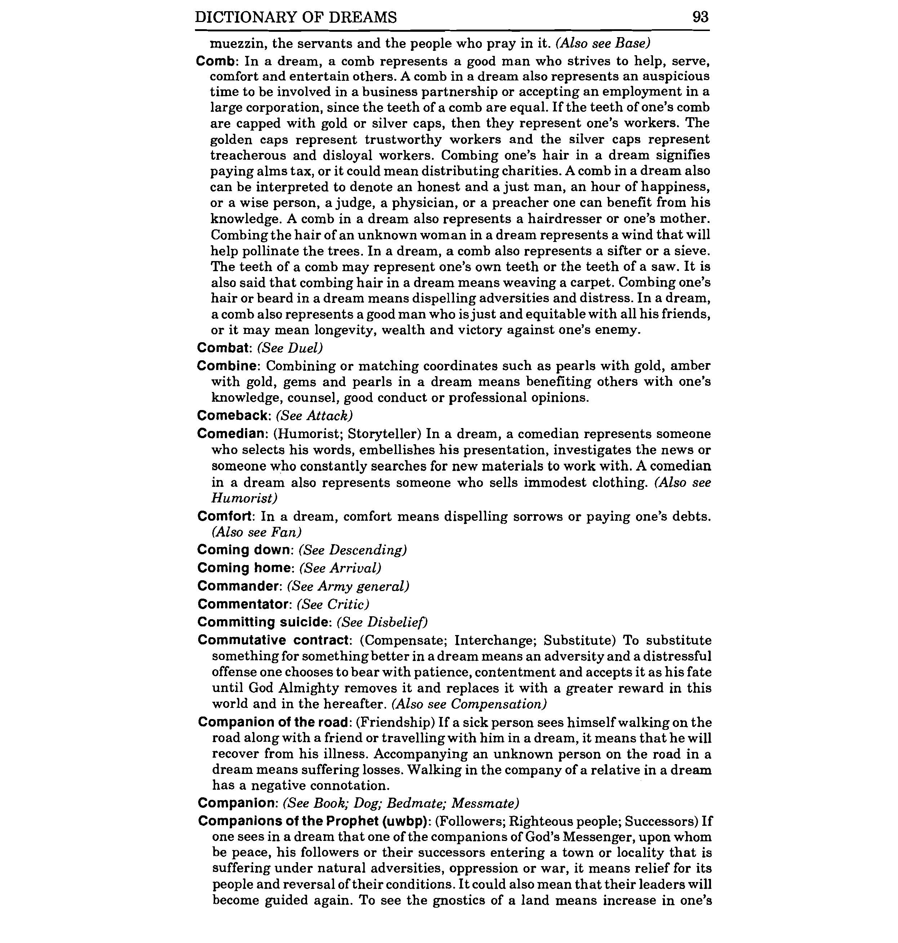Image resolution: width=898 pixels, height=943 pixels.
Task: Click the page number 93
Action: (700, 17)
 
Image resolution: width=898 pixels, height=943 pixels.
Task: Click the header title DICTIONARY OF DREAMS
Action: (296, 17)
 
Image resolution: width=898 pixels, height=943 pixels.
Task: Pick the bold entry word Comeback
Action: (234, 415)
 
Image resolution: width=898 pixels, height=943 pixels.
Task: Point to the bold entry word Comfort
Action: (224, 516)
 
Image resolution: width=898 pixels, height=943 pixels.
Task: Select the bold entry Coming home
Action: (245, 568)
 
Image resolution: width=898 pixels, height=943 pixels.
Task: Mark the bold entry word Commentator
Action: (244, 604)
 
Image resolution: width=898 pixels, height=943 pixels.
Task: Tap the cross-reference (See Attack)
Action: (315, 415)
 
